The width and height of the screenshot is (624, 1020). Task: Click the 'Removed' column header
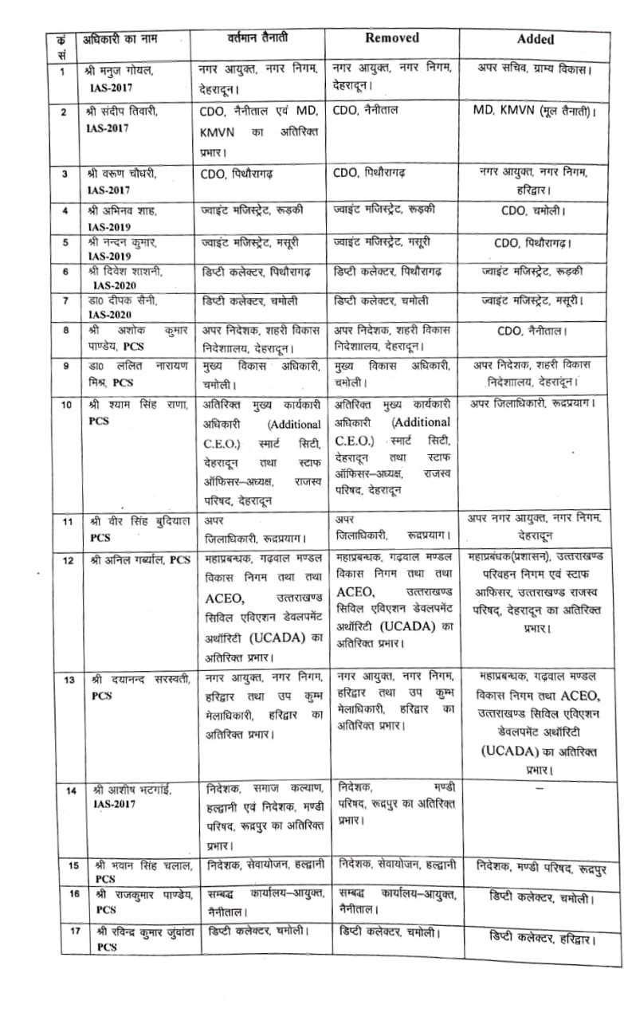(391, 37)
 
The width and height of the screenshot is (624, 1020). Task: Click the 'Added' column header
(536, 38)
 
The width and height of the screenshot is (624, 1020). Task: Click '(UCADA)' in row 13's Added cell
(511, 751)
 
